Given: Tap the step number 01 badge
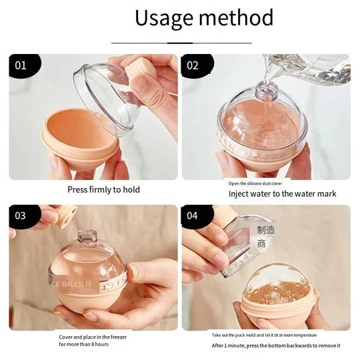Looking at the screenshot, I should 22,65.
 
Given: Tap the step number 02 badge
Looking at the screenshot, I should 194,65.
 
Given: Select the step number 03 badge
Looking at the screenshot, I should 22,216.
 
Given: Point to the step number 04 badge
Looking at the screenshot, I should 194,216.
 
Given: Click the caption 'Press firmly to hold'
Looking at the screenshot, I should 103,189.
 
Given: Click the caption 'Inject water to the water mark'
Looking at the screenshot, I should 282,194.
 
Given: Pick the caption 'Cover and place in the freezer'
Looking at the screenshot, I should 93,337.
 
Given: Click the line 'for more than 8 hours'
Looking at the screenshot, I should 83,345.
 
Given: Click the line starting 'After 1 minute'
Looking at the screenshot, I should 276,345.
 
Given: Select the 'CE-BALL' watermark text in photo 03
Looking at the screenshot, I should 71,283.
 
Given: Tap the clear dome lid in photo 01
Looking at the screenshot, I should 110,97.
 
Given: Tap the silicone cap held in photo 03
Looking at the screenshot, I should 65,215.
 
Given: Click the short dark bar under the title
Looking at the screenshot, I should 180,43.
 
